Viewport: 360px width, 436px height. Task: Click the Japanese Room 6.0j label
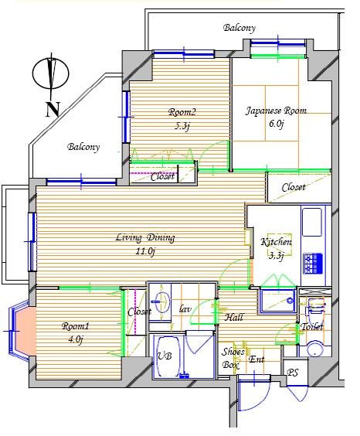point(275,117)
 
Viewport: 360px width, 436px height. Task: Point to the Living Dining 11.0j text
point(144,244)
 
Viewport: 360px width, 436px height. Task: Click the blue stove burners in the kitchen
point(314,264)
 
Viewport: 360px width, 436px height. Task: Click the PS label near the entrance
point(293,373)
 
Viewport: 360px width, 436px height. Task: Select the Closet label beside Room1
point(139,312)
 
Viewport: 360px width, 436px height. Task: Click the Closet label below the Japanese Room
point(293,188)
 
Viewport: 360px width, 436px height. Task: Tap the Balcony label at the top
point(239,29)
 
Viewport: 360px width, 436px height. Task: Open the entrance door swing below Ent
point(252,394)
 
